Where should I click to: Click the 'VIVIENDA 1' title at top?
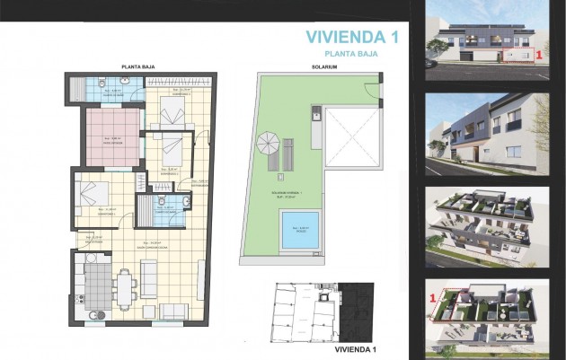tap(351, 37)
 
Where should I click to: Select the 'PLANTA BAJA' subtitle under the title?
tap(351, 54)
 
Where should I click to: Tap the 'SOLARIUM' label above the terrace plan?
tap(324, 67)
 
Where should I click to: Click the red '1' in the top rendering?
tap(537, 55)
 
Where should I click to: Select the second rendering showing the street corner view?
tap(486, 134)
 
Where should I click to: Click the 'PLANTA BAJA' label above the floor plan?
tap(139, 67)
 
